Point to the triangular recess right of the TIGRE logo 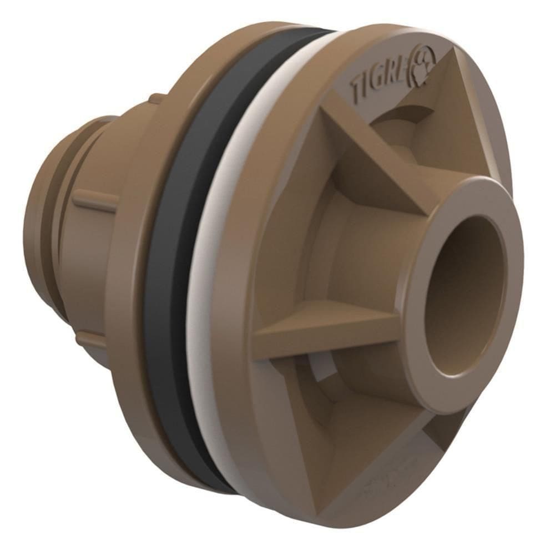pos(461,111)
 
